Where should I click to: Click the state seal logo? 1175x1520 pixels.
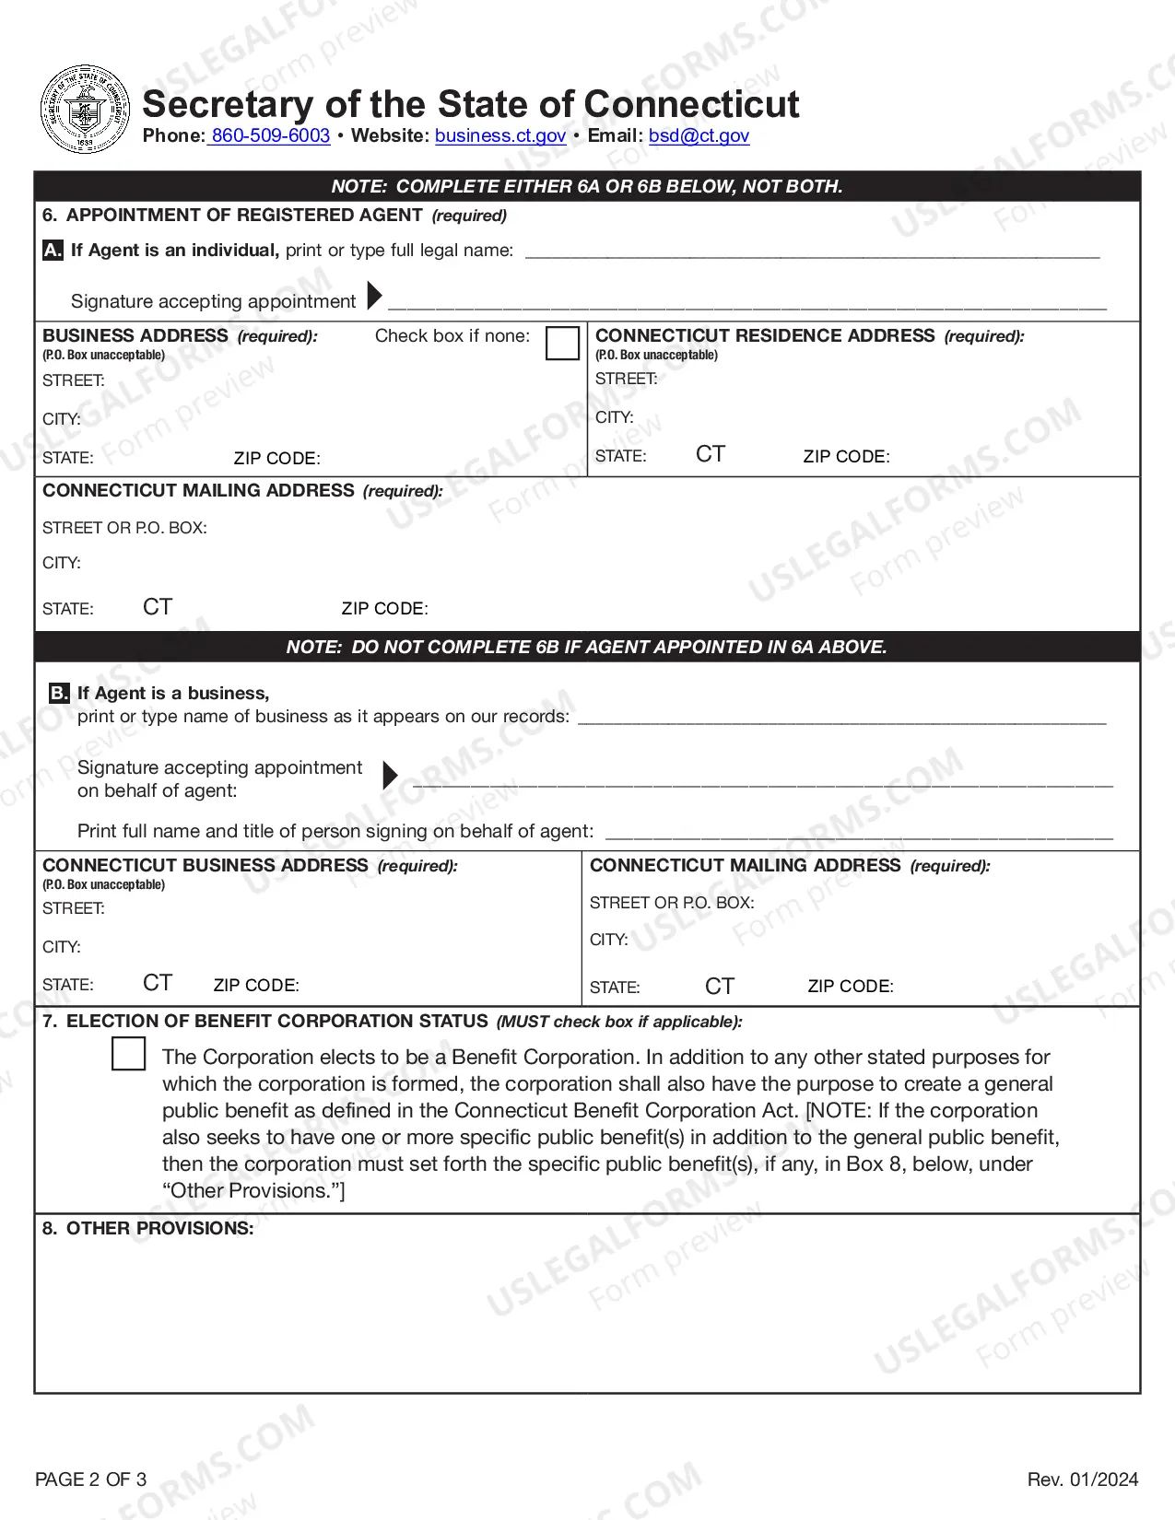click(86, 110)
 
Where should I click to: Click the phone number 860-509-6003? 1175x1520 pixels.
click(270, 135)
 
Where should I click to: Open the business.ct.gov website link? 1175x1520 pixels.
click(499, 135)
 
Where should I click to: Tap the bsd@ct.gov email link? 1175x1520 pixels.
click(699, 135)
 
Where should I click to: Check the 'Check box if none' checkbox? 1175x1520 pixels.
click(562, 343)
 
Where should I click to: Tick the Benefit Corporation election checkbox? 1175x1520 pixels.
click(128, 1054)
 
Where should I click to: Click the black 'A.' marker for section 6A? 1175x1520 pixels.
click(53, 250)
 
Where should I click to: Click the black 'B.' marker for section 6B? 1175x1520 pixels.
click(59, 693)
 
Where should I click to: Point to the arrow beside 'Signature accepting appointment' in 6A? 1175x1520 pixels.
click(374, 296)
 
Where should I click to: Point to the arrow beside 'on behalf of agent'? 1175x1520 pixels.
click(390, 775)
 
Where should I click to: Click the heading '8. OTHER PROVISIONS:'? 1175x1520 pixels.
click(147, 1228)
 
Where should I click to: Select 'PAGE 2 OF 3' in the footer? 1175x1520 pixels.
click(90, 1479)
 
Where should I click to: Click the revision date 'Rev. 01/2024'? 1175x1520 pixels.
click(1082, 1479)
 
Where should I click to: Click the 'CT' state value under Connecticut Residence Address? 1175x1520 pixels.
click(711, 454)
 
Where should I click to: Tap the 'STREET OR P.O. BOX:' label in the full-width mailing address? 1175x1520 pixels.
click(124, 528)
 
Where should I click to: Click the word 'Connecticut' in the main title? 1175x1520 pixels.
click(691, 104)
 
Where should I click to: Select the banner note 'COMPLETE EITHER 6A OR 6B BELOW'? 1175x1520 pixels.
click(587, 186)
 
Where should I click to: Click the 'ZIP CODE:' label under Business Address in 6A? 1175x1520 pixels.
click(276, 459)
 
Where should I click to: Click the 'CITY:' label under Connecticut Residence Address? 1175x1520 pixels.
click(614, 417)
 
